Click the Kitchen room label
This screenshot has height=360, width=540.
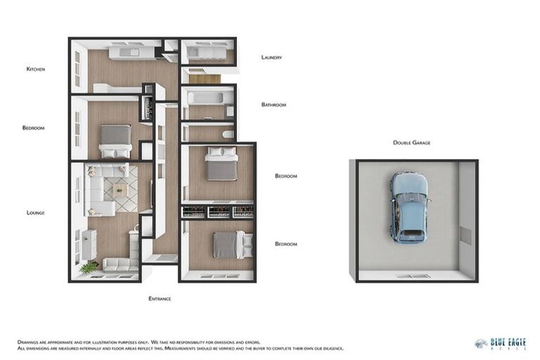[x=35, y=69]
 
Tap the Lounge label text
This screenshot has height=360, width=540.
[x=35, y=212]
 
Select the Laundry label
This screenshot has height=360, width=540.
[x=271, y=58]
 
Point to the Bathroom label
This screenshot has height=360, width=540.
[x=274, y=105]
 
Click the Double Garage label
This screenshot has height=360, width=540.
[x=411, y=143]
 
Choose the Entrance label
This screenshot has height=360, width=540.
[x=160, y=299]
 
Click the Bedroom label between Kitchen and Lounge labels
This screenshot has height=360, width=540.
[x=33, y=128]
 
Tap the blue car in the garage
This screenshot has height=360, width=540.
[x=409, y=207]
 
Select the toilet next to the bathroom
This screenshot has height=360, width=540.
[x=227, y=134]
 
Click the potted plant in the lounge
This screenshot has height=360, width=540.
[x=89, y=268]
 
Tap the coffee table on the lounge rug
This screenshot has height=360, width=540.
[x=119, y=190]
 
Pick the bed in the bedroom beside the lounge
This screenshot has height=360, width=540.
[x=115, y=141]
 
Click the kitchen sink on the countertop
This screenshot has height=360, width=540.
[x=131, y=52]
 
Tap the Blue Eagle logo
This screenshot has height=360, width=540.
[x=499, y=344]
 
